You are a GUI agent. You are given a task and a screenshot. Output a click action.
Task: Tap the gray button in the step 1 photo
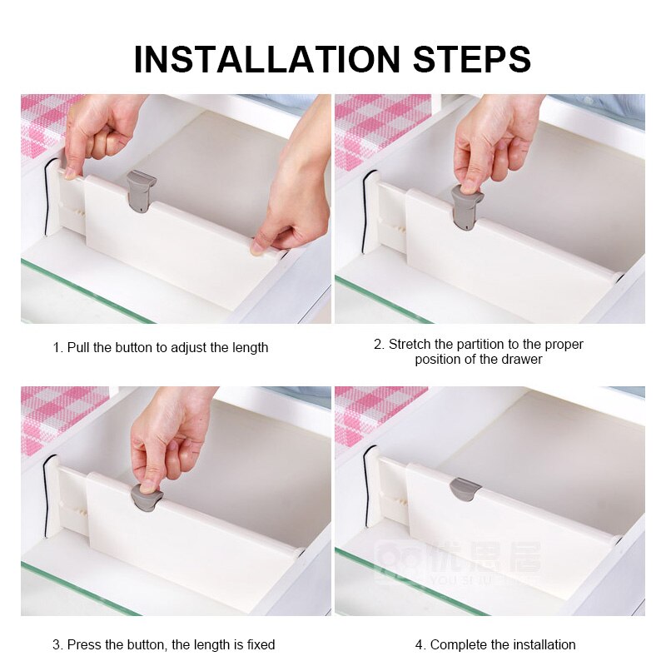[x=141, y=189]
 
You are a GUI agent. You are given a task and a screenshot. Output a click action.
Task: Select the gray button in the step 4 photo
[x=465, y=489]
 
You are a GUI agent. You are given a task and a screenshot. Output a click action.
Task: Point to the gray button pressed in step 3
[x=147, y=497]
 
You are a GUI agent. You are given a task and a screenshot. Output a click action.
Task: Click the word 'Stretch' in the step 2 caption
[x=409, y=344]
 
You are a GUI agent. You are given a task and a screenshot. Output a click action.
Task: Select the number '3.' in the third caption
[x=57, y=644]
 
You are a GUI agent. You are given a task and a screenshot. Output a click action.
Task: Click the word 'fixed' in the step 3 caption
[x=258, y=644]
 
